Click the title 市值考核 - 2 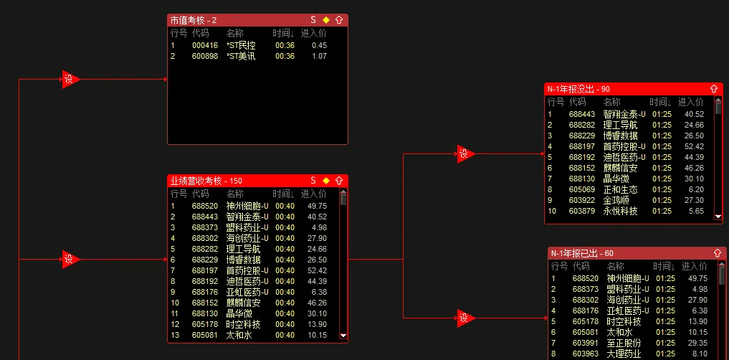194,20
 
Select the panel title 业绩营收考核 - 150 206,181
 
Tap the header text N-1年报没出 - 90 578,89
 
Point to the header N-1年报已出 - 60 582,253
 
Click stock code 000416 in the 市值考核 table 204,46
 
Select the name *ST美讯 241,56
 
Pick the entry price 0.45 320,46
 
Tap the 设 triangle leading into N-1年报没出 465,153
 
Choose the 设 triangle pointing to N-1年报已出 465,318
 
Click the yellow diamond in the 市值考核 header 326,20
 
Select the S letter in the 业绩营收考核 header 313,181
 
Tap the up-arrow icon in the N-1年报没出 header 714,89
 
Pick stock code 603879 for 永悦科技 581,211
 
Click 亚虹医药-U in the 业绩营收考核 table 247,292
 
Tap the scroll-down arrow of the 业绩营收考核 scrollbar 343,336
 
